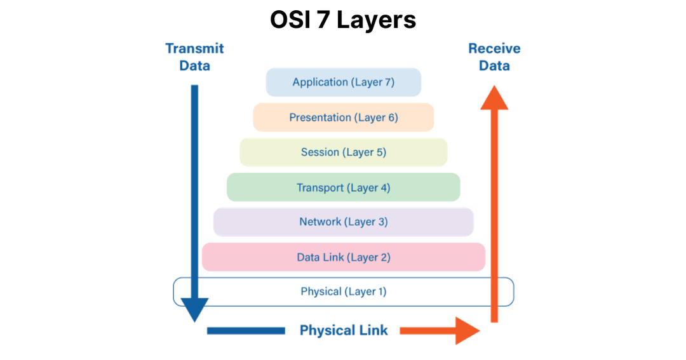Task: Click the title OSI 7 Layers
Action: point(343,20)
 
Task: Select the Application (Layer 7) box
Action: point(343,82)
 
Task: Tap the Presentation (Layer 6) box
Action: point(343,117)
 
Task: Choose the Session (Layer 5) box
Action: point(343,152)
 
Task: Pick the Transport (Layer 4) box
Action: point(343,187)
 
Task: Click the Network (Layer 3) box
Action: point(343,222)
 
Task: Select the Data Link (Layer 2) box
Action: point(343,257)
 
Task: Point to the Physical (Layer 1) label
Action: point(343,291)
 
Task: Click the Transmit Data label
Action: point(195,57)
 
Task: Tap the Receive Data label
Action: point(494,57)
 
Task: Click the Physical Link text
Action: point(343,331)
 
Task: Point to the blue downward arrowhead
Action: point(194,312)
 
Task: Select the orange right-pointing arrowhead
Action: point(467,331)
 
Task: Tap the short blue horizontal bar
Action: point(245,331)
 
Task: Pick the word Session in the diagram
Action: point(320,152)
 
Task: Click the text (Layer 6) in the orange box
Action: point(376,117)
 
